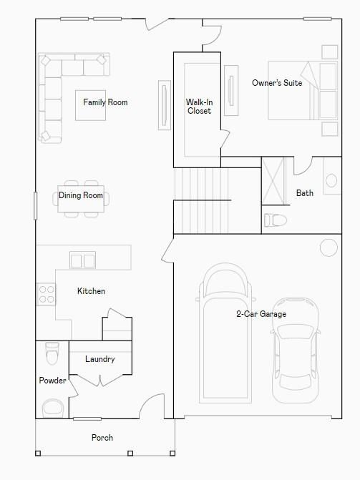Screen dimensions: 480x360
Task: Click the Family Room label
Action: [x=105, y=102]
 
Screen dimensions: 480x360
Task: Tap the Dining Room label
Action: [x=81, y=195]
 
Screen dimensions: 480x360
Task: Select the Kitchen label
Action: [x=91, y=291]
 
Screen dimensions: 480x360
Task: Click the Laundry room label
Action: [x=99, y=359]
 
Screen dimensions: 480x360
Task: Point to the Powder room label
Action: [x=52, y=381]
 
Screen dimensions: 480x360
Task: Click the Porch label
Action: [x=102, y=438]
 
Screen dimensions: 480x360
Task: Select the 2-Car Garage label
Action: [x=261, y=314]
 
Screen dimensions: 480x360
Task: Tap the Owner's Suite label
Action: [x=277, y=83]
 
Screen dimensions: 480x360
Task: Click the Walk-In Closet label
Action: [x=199, y=107]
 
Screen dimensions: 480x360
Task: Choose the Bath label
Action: [x=305, y=193]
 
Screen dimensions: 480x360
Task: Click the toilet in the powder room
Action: [x=52, y=353]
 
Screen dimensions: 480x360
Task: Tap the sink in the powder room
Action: [x=52, y=408]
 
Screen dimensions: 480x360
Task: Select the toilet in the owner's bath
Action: [x=275, y=220]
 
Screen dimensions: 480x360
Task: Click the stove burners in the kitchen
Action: [x=46, y=293]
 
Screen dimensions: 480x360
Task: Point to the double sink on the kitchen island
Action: [x=82, y=260]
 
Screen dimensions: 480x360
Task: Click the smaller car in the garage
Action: [x=296, y=341]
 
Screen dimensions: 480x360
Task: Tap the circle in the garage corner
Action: [x=328, y=248]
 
